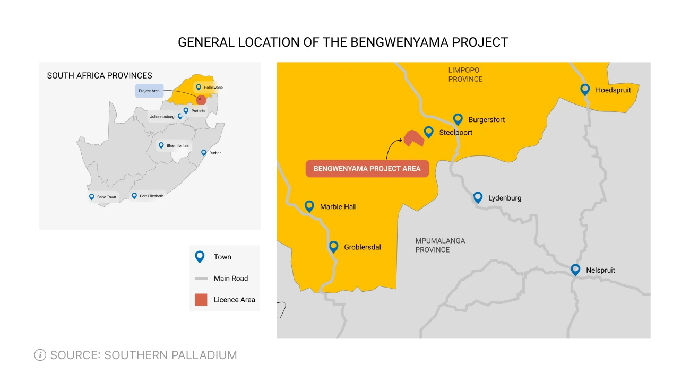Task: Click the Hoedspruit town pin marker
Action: (585, 90)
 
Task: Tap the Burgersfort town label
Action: (486, 120)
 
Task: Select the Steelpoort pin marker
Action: (428, 132)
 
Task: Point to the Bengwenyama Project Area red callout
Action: (367, 169)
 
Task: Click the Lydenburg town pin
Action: (478, 197)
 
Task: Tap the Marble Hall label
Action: (338, 207)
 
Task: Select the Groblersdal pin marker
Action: (333, 246)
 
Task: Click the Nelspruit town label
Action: (600, 271)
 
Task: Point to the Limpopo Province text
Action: (464, 75)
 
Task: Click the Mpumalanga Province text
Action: (440, 245)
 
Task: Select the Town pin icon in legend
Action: (200, 257)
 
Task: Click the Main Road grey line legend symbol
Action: (201, 279)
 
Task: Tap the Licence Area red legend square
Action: (201, 300)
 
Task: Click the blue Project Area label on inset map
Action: (149, 91)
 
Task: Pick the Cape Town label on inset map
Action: (106, 197)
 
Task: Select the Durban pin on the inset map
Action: (203, 152)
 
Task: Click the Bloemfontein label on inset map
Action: (178, 145)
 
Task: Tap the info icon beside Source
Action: (40, 355)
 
